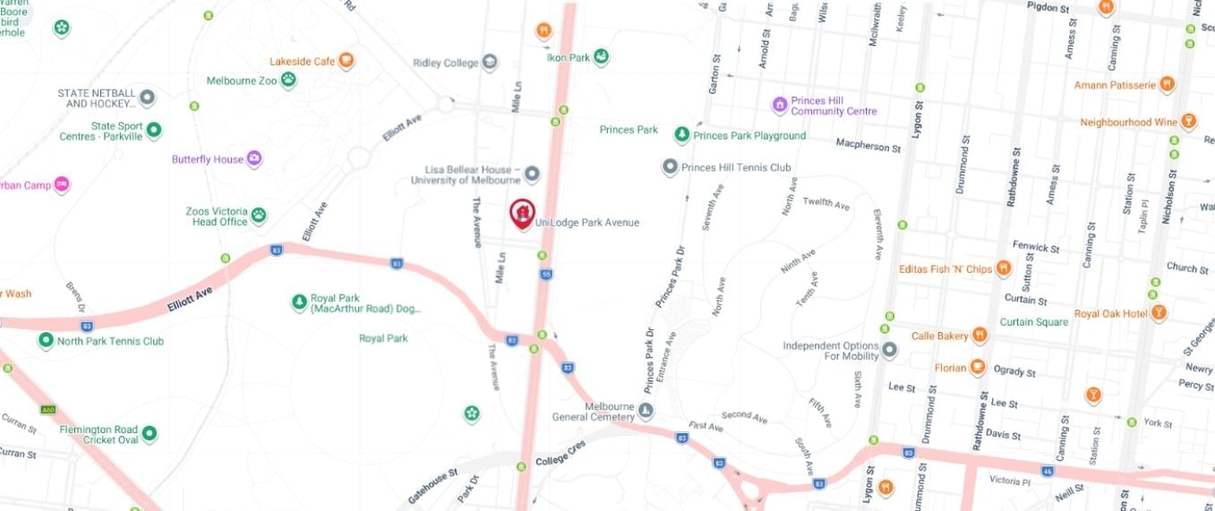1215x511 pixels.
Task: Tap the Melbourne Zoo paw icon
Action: point(288,81)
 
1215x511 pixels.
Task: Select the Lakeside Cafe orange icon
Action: point(346,62)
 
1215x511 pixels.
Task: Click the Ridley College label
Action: point(445,63)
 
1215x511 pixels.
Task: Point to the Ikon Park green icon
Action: point(603,57)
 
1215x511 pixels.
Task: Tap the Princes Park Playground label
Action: point(749,136)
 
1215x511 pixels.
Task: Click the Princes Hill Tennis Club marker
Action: point(670,167)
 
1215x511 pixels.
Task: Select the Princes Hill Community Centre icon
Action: point(780,106)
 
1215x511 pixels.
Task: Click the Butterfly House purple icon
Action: point(254,159)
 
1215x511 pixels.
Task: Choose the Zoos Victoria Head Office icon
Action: point(259,216)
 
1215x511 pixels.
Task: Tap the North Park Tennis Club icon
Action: point(46,341)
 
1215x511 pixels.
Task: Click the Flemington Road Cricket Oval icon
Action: point(149,434)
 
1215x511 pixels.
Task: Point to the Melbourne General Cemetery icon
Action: point(646,412)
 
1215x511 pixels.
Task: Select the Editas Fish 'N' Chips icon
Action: point(1004,268)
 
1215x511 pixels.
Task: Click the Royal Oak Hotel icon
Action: point(1159,313)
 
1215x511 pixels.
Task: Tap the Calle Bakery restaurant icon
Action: point(980,336)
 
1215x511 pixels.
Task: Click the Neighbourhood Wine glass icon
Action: point(1188,122)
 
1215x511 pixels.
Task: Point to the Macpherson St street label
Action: point(868,145)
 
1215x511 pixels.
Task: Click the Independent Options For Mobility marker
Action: point(889,350)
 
